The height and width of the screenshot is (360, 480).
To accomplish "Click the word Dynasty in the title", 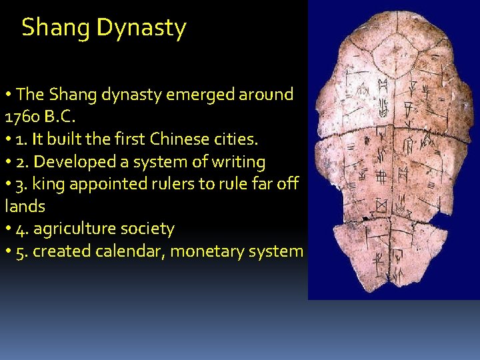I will [141, 29].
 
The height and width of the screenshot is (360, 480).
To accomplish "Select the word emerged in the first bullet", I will [196, 95].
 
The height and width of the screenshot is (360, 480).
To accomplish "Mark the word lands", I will [25, 207].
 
